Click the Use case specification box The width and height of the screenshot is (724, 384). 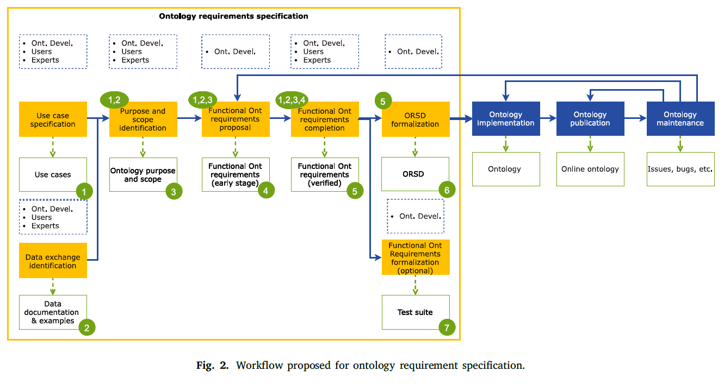pos(53,119)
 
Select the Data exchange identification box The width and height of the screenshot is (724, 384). pos(53,260)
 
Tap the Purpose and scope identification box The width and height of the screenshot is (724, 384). pos(143,119)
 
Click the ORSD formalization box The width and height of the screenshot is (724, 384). pos(416,119)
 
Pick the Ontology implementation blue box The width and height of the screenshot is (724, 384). pos(506,119)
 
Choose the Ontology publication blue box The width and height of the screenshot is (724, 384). pos(590,119)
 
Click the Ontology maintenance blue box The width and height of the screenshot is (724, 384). pos(680,119)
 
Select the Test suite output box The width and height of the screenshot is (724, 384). pos(416,312)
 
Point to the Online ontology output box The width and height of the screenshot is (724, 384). pos(590,169)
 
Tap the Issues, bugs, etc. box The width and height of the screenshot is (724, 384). pos(680,169)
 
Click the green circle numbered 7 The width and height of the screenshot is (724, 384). pos(447,328)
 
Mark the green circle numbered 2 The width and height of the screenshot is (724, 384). pos(87,328)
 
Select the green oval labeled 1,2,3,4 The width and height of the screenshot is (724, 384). pos(292,100)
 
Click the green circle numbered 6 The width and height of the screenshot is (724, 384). pos(447,190)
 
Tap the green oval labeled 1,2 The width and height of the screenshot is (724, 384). pos(114,100)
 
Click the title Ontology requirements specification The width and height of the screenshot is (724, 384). pos(233,16)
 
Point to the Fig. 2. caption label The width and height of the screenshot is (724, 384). pos(212,366)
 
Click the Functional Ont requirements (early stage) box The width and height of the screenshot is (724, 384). pos(236,174)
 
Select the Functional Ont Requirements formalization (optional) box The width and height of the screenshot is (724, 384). pos(416,257)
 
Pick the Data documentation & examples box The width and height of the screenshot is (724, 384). pos(53,312)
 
